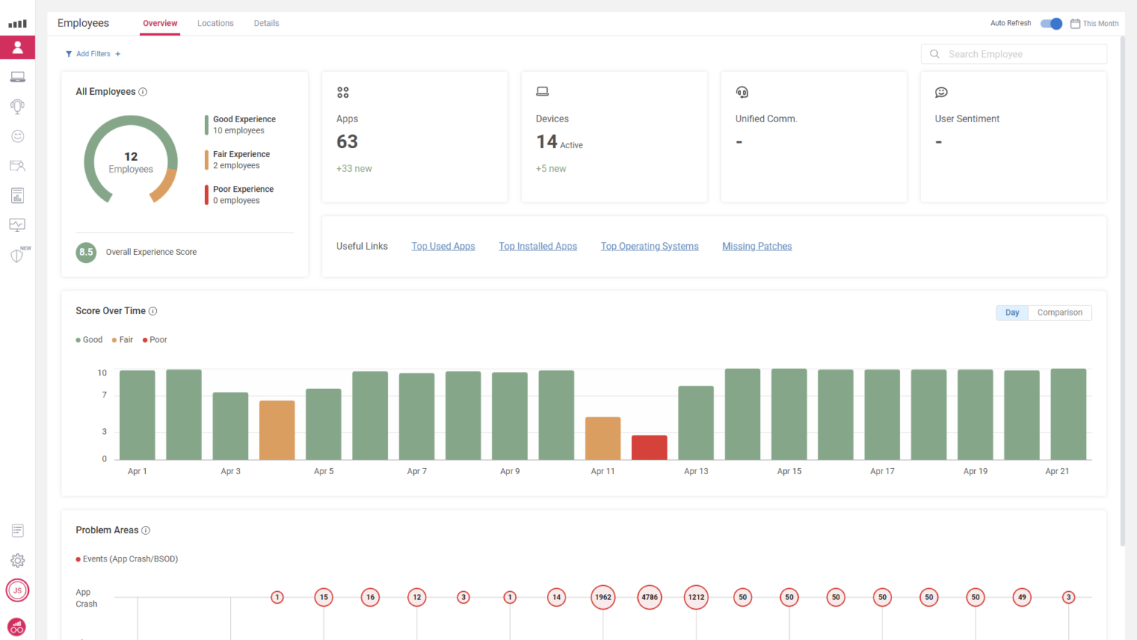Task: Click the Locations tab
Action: click(x=215, y=24)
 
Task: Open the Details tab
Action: click(x=266, y=24)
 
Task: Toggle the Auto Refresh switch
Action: click(x=1051, y=24)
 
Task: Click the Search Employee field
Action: click(x=1022, y=54)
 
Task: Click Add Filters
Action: click(x=93, y=54)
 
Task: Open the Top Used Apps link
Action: click(x=443, y=247)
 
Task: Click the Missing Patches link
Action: click(x=757, y=247)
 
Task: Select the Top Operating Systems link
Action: click(x=649, y=247)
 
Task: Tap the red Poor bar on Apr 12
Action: click(x=649, y=447)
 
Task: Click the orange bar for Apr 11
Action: click(x=603, y=439)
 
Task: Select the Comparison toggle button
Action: click(x=1059, y=313)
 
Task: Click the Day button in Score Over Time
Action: click(x=1012, y=313)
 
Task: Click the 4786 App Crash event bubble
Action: click(x=649, y=597)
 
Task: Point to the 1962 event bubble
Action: click(x=603, y=597)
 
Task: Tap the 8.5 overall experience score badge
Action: click(x=87, y=252)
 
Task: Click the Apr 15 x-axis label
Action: click(x=789, y=471)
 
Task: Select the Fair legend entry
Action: click(x=123, y=340)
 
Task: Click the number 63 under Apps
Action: click(x=347, y=141)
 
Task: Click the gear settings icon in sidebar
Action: click(x=18, y=561)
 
